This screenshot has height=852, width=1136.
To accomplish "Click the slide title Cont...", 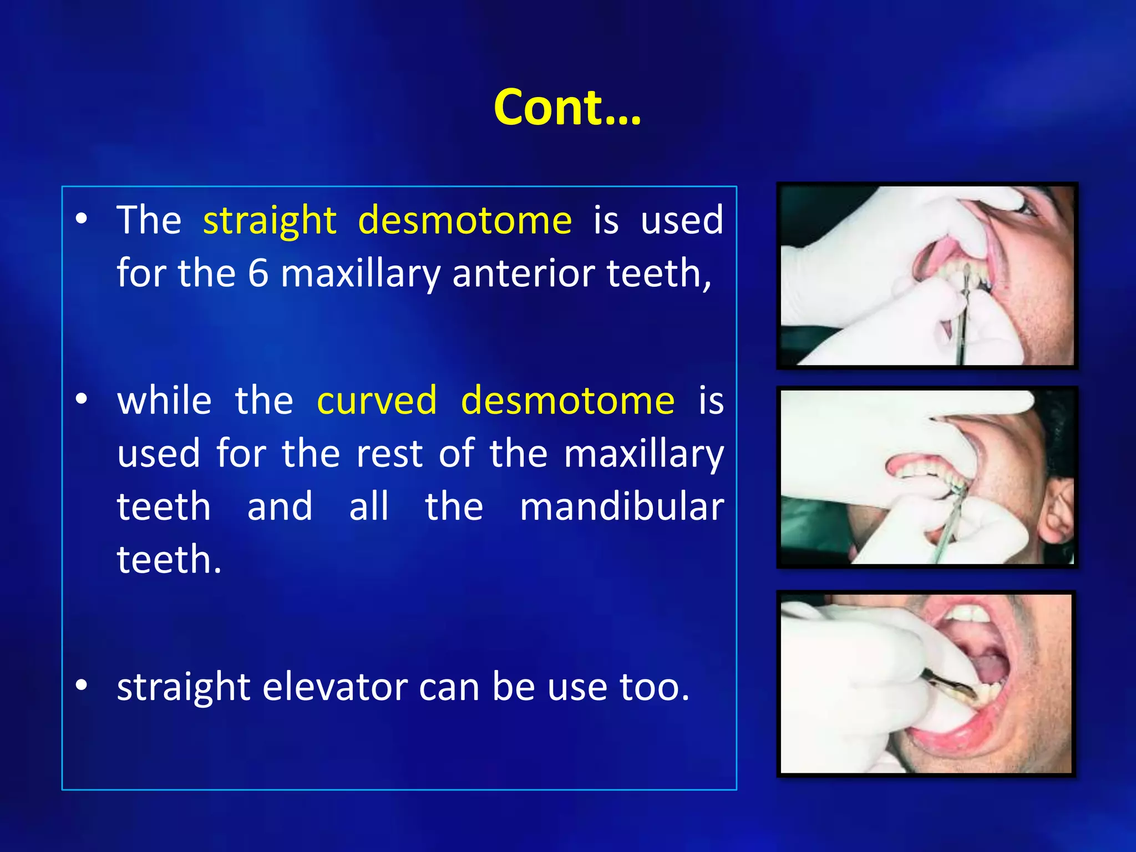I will pyautogui.click(x=567, y=108).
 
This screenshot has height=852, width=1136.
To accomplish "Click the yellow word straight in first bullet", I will pyautogui.click(x=270, y=221).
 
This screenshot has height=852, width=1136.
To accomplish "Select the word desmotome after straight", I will pyautogui.click(x=465, y=221).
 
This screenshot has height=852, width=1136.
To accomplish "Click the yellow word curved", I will pyautogui.click(x=377, y=400).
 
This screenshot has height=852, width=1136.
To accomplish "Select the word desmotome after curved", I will pyautogui.click(x=567, y=400).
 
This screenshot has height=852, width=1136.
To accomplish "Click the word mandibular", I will pyautogui.click(x=622, y=506).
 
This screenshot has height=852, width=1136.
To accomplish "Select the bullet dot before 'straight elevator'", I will pyautogui.click(x=82, y=686).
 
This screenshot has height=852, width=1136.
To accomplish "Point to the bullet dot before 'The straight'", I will pyautogui.click(x=82, y=219).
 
